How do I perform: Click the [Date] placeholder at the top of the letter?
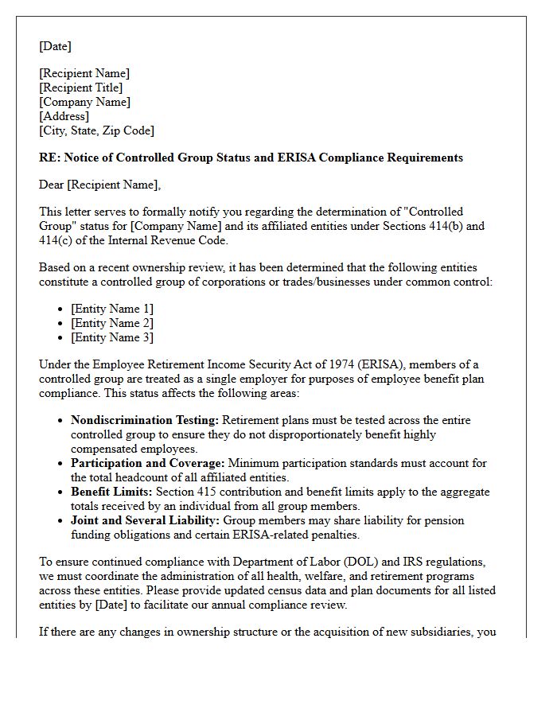55,46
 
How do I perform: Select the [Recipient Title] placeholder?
81,88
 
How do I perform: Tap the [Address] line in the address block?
64,116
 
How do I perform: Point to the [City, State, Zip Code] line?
96,130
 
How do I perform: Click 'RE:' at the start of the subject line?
49,158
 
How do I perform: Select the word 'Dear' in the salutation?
52,185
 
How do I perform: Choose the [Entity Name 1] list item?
112,309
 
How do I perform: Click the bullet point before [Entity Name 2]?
61,324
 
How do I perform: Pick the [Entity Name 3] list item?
112,337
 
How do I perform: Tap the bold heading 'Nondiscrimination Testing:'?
145,420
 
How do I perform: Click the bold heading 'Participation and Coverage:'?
148,463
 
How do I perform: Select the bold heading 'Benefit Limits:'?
110,492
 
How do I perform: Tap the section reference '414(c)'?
56,240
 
